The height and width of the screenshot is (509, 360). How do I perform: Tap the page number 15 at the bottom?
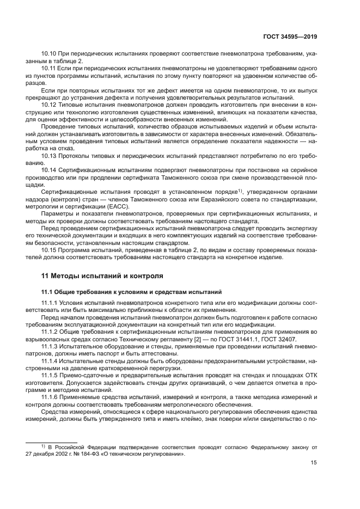[x=314, y=463]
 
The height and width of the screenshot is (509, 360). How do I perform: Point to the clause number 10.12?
[x=49, y=104]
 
